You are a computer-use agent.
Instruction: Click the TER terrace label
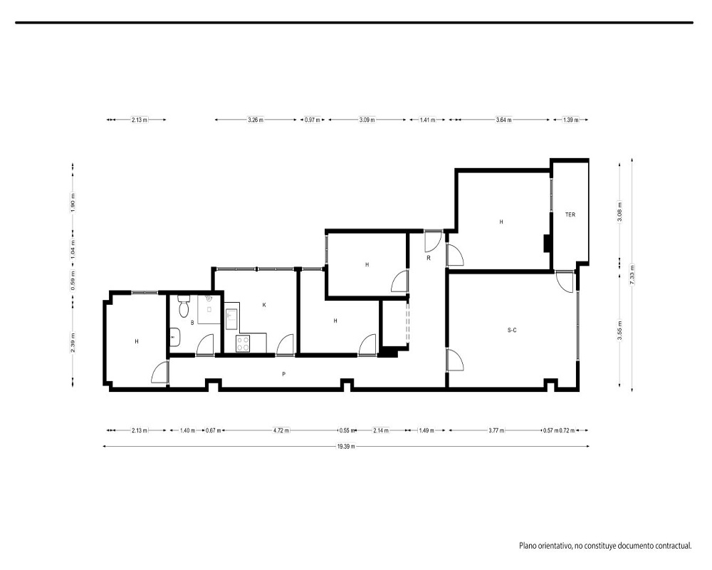pos(570,214)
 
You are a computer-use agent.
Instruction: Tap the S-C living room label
pos(512,330)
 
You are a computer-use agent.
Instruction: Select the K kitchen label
pos(264,305)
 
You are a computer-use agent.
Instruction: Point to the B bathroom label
pos(192,323)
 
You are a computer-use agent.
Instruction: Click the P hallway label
pos(284,374)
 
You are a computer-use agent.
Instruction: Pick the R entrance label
pos(428,258)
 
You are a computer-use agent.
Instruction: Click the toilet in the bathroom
pos(184,306)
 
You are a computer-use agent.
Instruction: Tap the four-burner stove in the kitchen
pos(243,343)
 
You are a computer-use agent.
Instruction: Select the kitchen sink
pos(231,316)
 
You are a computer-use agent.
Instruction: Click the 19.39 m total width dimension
pos(346,446)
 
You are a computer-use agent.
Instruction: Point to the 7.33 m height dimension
pos(632,274)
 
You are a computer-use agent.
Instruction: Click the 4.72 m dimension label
pos(281,430)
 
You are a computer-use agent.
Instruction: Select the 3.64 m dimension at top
pos(503,120)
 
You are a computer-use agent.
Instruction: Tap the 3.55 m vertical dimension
pos(620,331)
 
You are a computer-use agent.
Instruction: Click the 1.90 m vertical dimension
pos(73,202)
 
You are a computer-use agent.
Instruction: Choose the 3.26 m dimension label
pos(256,120)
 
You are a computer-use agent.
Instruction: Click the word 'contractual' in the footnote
pos(671,546)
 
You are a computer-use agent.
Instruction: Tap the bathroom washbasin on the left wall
pos(175,337)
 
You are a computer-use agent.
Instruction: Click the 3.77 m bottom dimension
pos(496,430)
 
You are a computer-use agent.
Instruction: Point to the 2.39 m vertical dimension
pos(73,342)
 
